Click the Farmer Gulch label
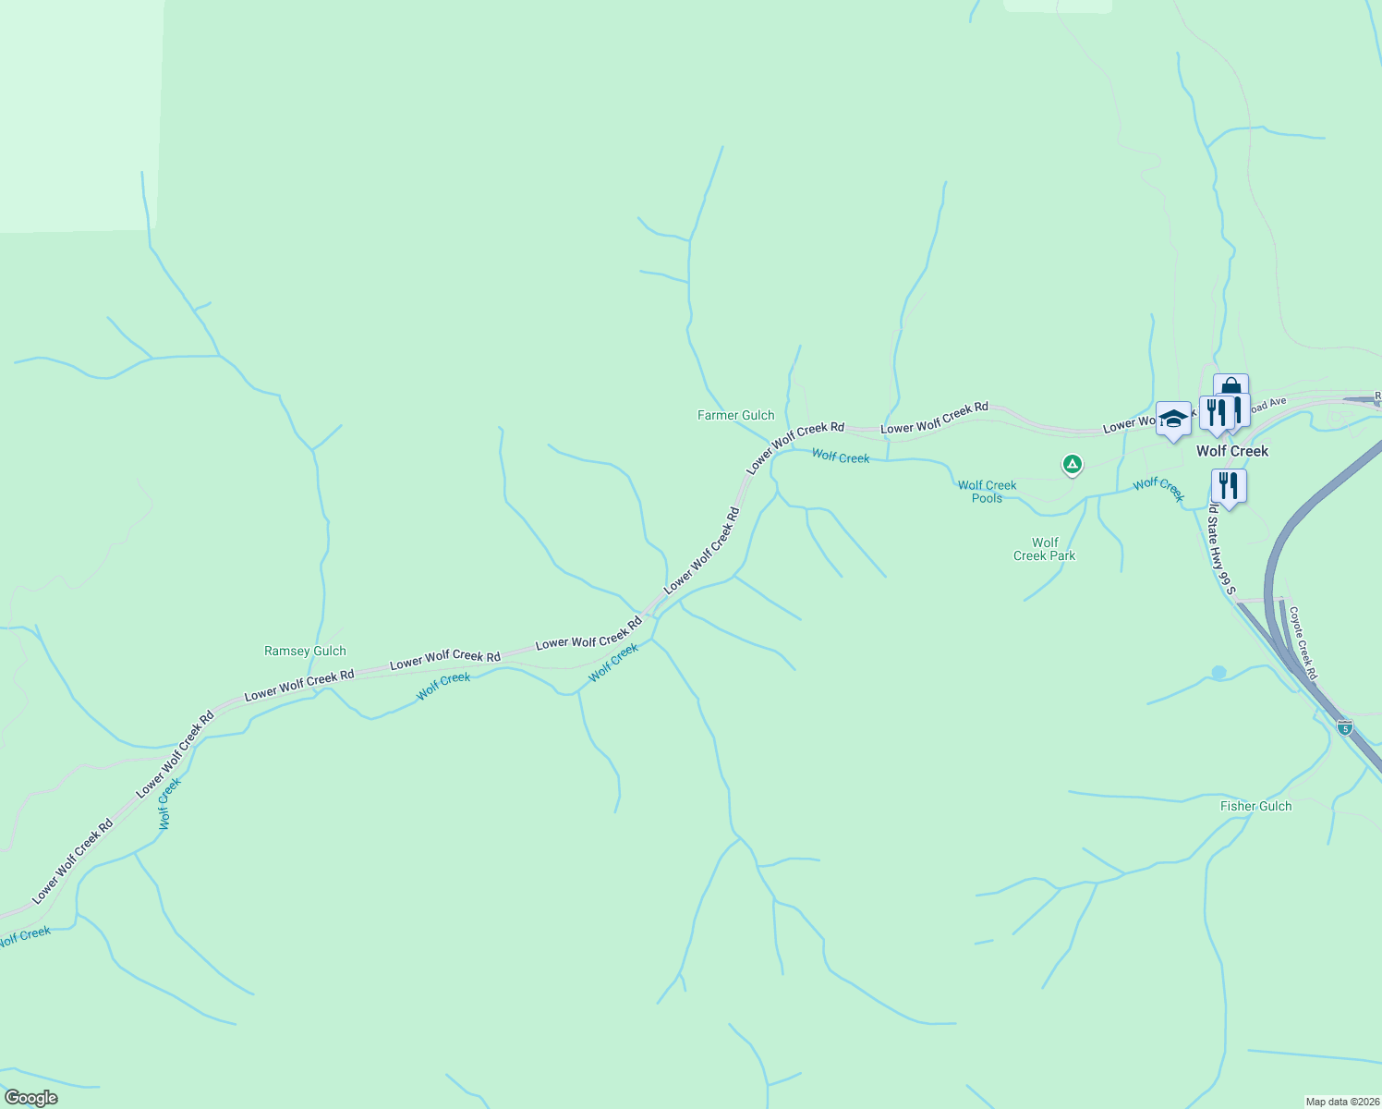pos(735,416)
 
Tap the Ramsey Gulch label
pos(305,652)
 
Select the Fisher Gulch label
pos(1255,807)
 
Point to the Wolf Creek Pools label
pos(987,492)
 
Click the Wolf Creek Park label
pos(1044,550)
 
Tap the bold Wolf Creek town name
pos(1232,452)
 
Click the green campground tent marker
pos(1072,463)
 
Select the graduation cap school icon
pos(1173,420)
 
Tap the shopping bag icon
pos(1230,388)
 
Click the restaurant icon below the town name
pos(1229,485)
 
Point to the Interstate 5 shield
pos(1345,727)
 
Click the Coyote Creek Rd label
pos(1303,643)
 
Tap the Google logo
pos(30,1098)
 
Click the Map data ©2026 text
pos(1341,1102)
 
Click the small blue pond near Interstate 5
pos(1218,673)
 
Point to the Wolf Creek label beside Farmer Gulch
pos(841,457)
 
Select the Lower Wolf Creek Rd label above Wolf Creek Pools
pos(934,419)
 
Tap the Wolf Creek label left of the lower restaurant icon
pos(1158,489)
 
